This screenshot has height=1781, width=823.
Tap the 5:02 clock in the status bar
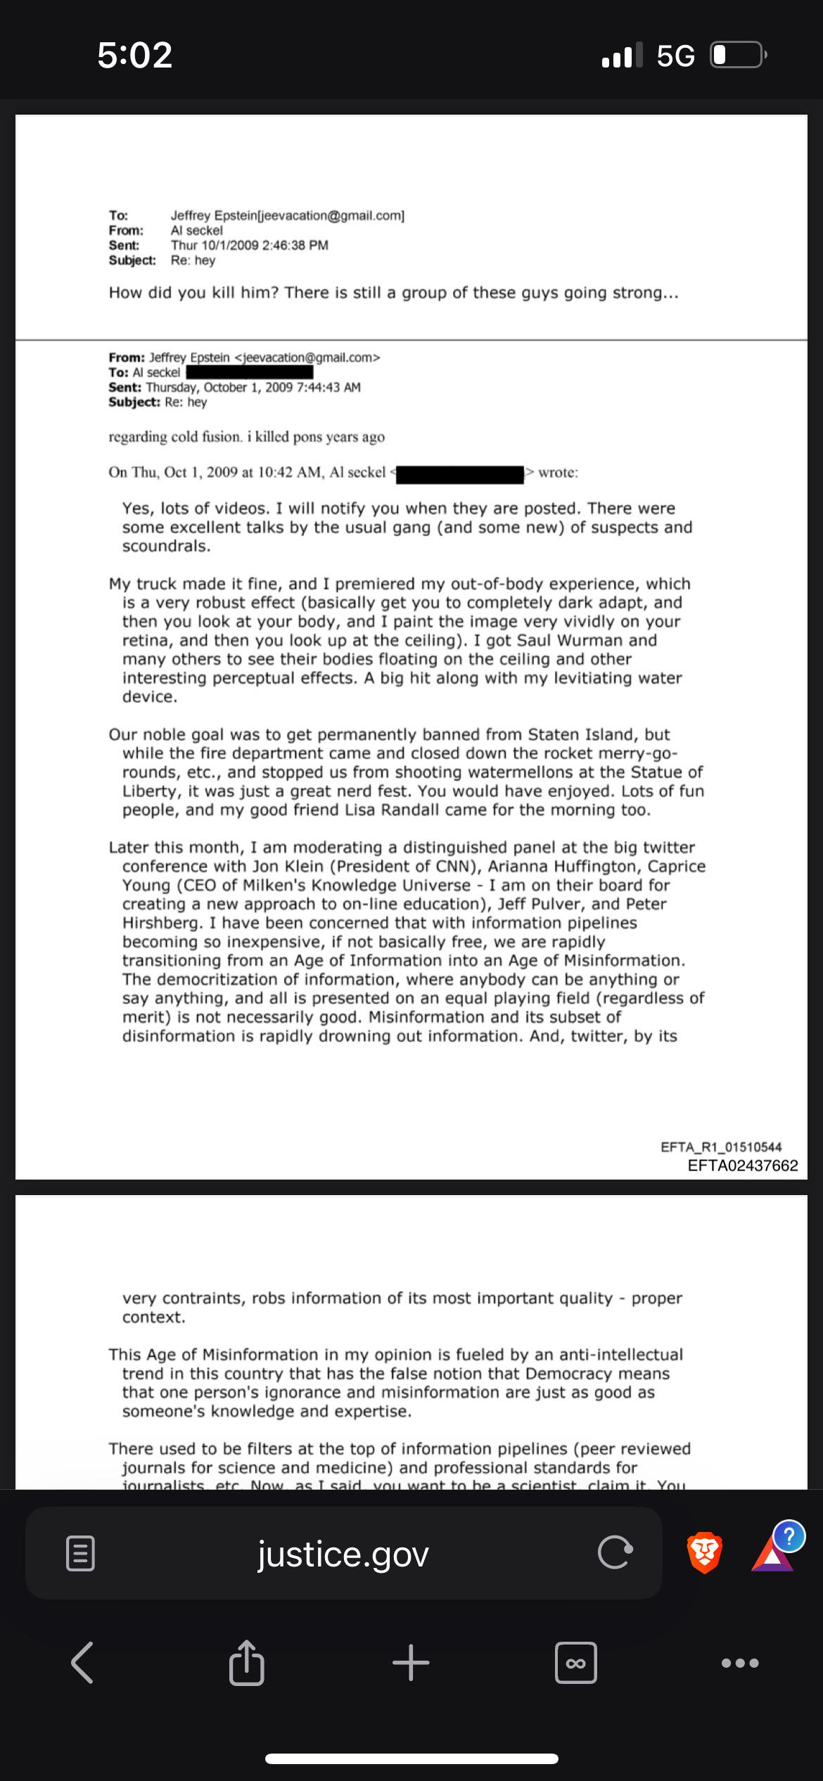point(135,55)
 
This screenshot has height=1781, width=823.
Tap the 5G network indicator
point(675,56)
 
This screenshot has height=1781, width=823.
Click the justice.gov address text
point(343,1555)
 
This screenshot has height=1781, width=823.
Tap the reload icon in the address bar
point(615,1554)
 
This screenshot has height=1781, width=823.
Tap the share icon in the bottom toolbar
point(246,1664)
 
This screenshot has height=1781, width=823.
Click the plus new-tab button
point(411,1663)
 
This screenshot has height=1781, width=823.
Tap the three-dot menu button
point(740,1664)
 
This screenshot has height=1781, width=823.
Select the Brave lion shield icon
point(703,1552)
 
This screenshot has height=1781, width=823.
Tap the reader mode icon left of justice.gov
point(79,1554)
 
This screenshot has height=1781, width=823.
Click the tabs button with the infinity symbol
point(575,1663)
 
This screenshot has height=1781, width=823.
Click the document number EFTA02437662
point(743,1166)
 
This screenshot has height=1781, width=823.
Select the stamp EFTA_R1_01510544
point(721,1147)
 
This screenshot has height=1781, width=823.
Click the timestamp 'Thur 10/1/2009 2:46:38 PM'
point(249,245)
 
